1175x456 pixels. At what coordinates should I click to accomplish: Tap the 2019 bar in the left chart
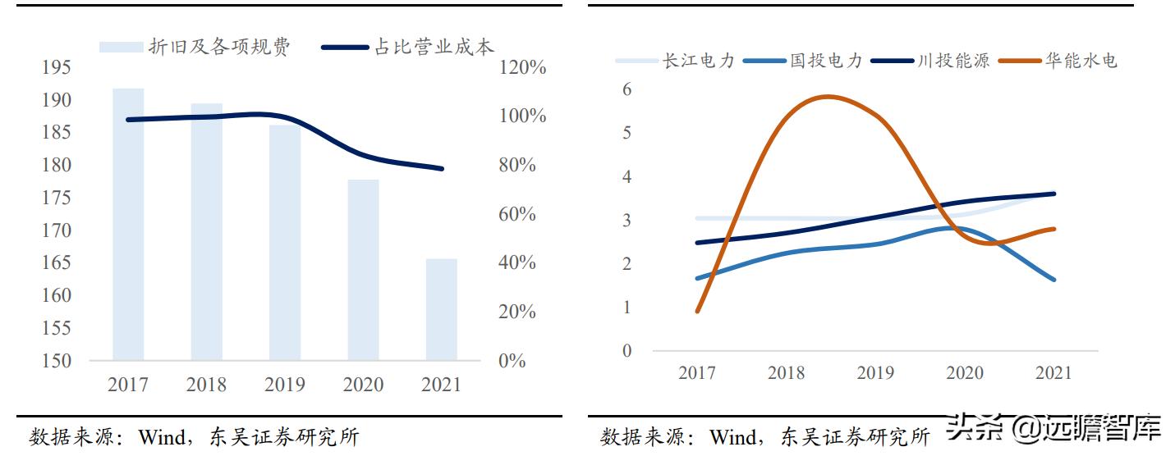285,243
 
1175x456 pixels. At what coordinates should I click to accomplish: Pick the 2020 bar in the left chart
363,270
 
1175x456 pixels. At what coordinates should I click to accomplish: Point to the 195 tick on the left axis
57,67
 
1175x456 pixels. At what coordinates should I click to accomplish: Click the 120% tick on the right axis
523,67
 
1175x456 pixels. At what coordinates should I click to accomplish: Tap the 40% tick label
518,263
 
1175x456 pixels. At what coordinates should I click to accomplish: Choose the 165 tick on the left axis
57,263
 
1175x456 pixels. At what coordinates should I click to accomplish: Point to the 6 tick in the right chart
627,89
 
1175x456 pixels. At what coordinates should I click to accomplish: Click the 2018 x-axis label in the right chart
786,373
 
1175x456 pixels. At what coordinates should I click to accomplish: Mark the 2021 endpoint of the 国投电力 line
1053,280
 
